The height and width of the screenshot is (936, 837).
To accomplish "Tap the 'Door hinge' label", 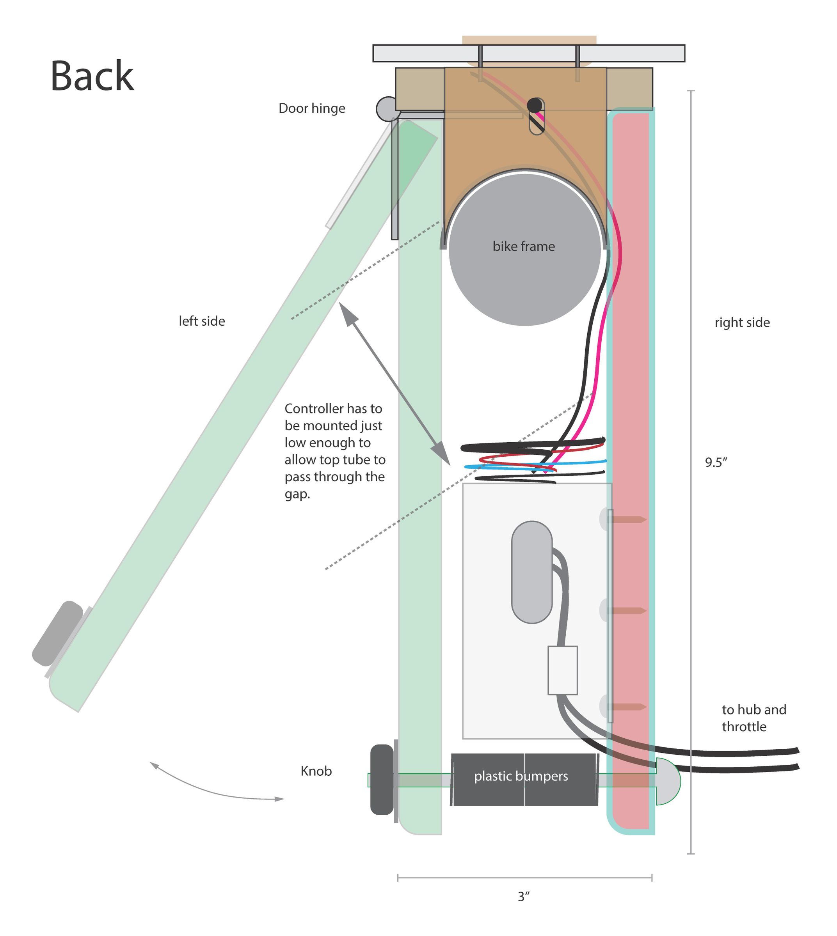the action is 312,108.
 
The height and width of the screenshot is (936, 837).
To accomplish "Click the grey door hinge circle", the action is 388,109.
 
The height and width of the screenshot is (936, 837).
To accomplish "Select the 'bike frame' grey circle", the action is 525,249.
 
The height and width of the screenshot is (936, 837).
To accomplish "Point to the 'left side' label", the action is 202,321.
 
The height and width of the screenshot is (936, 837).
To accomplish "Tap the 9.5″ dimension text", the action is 716,462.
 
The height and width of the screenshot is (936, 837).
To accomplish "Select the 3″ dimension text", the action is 524,897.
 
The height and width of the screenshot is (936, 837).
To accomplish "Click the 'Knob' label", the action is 316,771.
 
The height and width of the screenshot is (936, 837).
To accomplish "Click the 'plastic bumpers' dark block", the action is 524,780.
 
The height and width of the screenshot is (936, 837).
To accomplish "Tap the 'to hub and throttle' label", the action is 754,718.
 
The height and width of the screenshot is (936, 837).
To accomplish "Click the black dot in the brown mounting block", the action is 535,105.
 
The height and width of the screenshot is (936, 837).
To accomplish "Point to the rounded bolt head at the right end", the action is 668,782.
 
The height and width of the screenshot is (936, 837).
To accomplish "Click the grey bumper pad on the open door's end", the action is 57,633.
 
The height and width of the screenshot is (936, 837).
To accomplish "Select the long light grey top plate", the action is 529,53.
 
